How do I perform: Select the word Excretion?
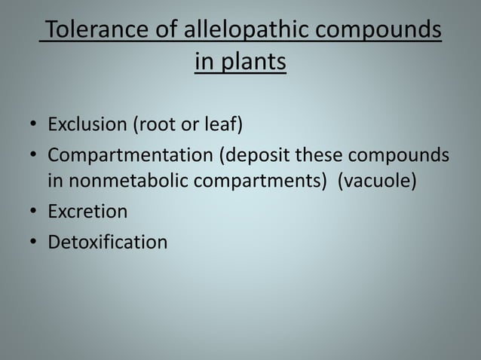[x=88, y=212]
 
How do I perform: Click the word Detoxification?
[x=108, y=243]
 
